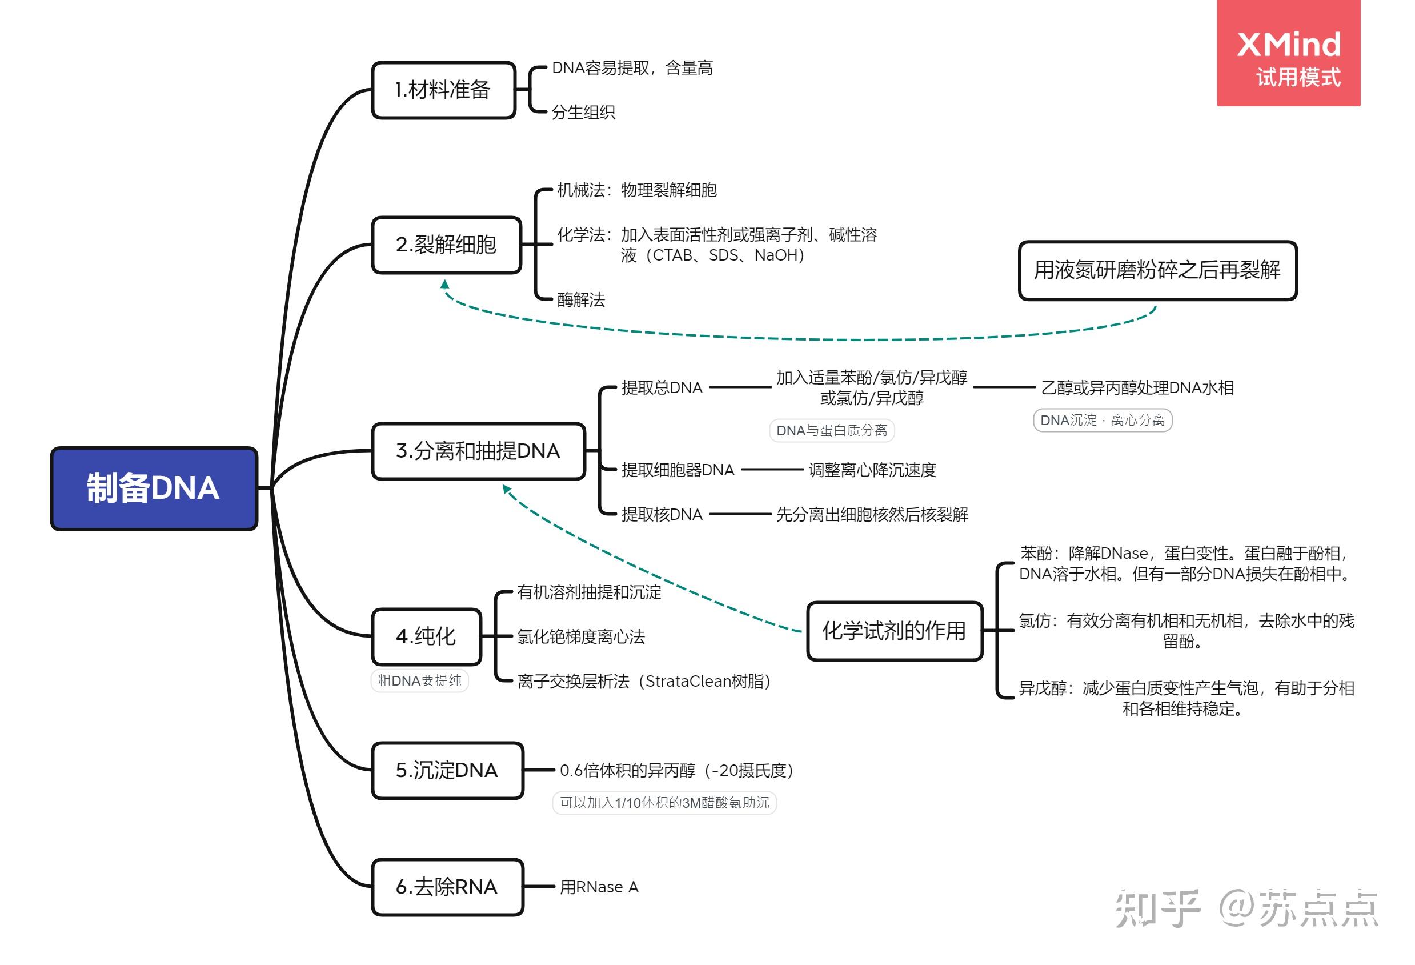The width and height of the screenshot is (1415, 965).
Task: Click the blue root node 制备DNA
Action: (154, 488)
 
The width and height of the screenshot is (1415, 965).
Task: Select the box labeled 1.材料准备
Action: (443, 90)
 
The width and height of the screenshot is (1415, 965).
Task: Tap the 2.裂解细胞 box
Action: (446, 245)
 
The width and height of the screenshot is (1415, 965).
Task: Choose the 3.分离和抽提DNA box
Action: (478, 451)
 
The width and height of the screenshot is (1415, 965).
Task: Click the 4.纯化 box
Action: (426, 636)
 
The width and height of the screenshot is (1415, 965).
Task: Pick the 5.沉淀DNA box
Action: (447, 770)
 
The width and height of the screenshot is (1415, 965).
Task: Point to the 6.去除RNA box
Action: (447, 887)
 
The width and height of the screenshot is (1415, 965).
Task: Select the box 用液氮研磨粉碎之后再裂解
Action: (1157, 270)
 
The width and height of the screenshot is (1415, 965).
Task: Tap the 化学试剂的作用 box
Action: (894, 631)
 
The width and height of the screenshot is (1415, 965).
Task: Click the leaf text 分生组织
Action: (583, 112)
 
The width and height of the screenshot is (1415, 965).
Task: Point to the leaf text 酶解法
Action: (581, 299)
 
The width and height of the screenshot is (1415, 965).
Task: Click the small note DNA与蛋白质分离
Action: (831, 430)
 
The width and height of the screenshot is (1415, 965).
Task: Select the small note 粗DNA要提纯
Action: (419, 680)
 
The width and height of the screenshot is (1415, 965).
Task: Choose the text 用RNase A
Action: (599, 887)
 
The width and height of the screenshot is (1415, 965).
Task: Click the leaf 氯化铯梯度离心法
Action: (580, 637)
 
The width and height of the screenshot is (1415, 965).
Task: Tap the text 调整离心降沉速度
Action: (871, 470)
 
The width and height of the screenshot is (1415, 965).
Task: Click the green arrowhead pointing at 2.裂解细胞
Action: (445, 285)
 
